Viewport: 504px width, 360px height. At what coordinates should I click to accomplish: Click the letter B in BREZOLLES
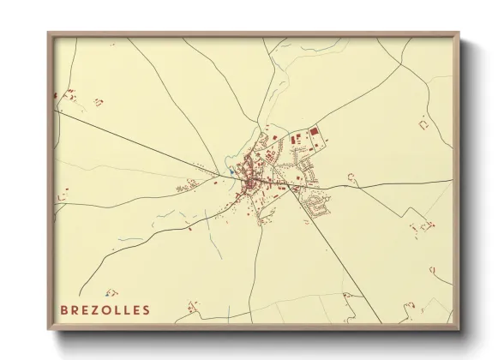[x=64, y=309]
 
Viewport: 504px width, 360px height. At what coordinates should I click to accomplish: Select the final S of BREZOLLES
[x=147, y=309]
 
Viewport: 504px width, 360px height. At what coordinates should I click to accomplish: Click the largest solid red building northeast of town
[x=314, y=131]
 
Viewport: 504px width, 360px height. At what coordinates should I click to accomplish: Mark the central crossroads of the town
[x=250, y=181]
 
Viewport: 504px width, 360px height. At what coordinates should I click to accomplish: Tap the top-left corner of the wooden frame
[x=50, y=35]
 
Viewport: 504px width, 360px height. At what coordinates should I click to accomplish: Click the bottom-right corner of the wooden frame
[x=458, y=328]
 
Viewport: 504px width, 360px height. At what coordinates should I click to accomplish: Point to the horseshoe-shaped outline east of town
[x=352, y=177]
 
